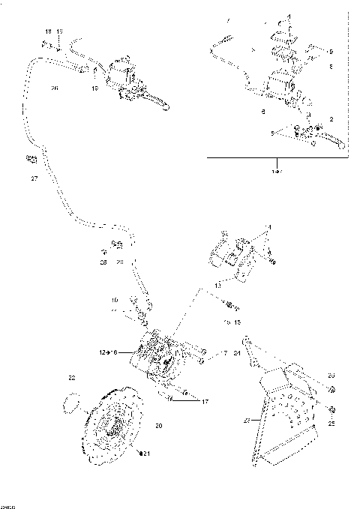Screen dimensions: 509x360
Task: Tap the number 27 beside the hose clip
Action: tap(33, 179)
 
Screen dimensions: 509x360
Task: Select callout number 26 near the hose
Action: tap(33, 89)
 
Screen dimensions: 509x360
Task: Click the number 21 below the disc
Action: tap(147, 454)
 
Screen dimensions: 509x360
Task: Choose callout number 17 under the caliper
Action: tap(204, 401)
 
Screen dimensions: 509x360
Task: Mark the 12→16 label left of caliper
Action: tap(108, 351)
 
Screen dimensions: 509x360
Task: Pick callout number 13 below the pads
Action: tap(217, 286)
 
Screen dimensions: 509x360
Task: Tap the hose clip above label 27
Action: tap(31, 158)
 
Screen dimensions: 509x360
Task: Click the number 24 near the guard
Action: tap(237, 352)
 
